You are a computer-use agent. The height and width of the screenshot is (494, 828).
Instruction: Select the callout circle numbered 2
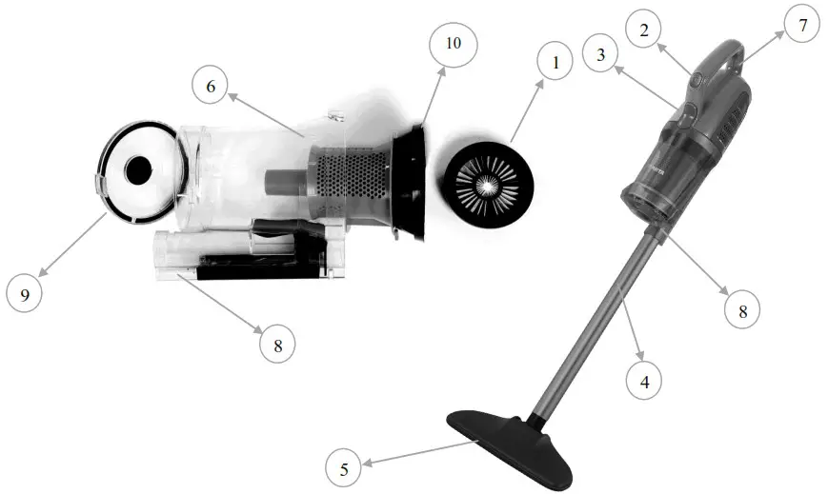click(645, 30)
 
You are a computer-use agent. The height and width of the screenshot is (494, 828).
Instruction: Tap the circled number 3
click(601, 56)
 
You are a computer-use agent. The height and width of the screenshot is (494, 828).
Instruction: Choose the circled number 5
click(344, 468)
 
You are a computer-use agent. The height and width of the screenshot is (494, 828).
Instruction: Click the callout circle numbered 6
click(210, 86)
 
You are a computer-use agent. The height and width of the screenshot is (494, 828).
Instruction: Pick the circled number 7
click(802, 26)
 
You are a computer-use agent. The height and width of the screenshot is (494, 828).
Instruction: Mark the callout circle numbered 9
click(25, 294)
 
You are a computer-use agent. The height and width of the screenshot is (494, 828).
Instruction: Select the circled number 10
click(452, 44)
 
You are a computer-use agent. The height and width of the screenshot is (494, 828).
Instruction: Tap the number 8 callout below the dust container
click(277, 344)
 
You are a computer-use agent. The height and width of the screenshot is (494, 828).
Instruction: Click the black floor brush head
click(511, 443)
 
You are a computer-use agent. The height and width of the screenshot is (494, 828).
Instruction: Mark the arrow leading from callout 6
click(267, 115)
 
